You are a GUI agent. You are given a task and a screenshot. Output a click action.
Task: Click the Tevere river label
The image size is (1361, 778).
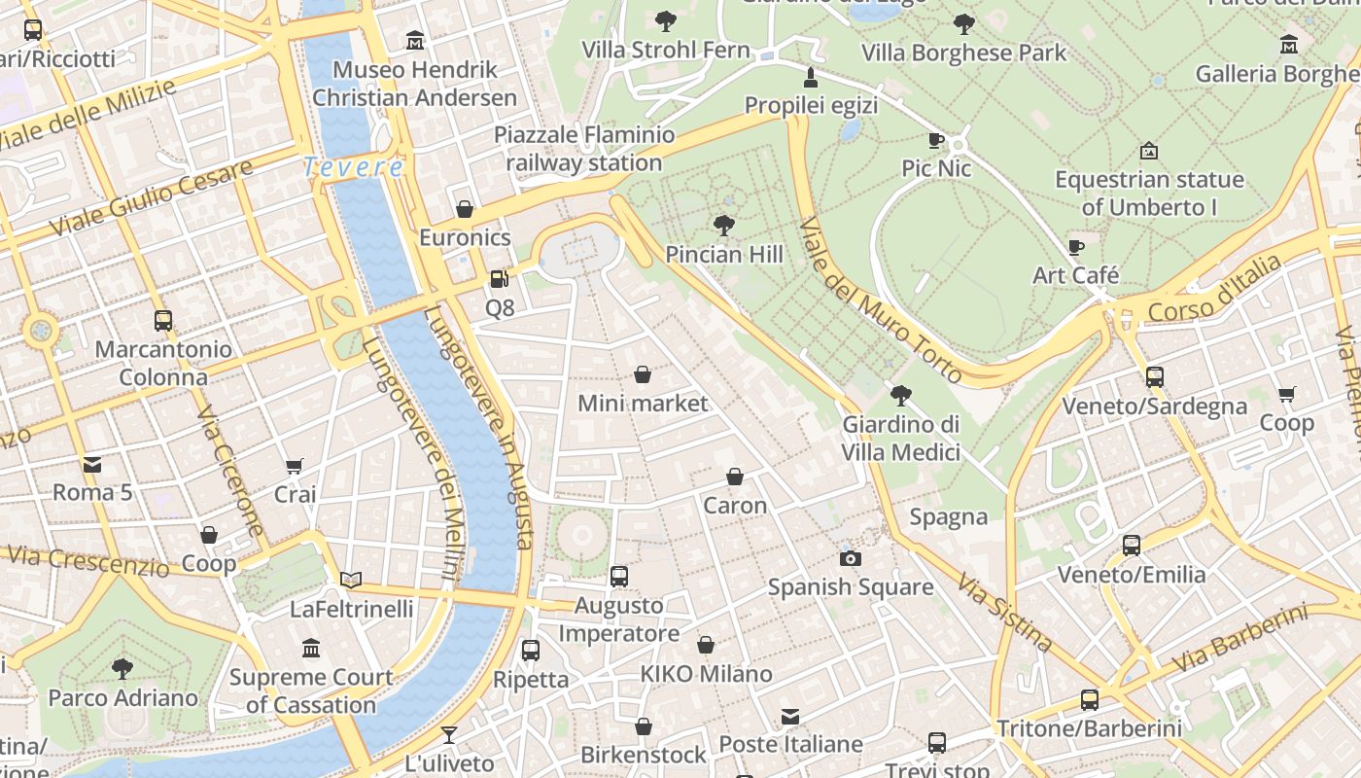coord(353,167)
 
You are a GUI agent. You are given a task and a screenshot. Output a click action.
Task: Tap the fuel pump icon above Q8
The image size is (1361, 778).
coord(499,279)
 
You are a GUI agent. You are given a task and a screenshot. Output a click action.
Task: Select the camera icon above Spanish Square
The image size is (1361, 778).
coord(851,558)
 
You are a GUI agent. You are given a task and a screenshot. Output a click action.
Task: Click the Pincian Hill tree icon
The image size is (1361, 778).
coord(723,226)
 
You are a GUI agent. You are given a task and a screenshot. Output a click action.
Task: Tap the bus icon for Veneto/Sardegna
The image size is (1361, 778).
coord(1154,377)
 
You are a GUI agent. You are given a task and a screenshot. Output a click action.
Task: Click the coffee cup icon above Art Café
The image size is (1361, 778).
coord(1075,248)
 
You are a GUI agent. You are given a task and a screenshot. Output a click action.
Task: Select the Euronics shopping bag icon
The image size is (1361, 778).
coord(465,209)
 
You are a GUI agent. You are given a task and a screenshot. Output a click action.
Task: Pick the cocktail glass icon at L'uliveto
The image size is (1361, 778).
coord(448,735)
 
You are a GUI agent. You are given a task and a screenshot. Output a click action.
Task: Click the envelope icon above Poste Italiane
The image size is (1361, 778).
coord(790,717)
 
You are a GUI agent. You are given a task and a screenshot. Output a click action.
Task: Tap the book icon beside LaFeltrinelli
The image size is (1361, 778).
coord(351,581)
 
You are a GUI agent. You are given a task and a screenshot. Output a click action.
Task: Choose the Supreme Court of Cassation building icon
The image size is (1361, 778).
coord(311,648)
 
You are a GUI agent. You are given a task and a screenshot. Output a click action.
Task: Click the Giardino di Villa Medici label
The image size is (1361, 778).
coord(900,439)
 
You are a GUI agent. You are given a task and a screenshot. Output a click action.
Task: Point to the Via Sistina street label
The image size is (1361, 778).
coord(1004,612)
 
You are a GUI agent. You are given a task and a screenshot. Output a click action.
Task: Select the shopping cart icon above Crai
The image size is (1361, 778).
coord(295,467)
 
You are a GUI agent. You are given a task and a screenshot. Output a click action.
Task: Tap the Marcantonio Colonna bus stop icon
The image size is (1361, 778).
coord(163,321)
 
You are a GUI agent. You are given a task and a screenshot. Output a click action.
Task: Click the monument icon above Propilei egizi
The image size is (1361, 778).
coord(811,77)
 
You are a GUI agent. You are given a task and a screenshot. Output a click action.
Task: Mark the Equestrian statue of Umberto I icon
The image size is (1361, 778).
coord(1148,151)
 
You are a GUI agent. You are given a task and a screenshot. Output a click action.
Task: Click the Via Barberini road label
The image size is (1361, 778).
coord(1239,639)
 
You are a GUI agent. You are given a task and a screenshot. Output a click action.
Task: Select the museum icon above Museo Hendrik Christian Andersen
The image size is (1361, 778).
coord(415,41)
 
